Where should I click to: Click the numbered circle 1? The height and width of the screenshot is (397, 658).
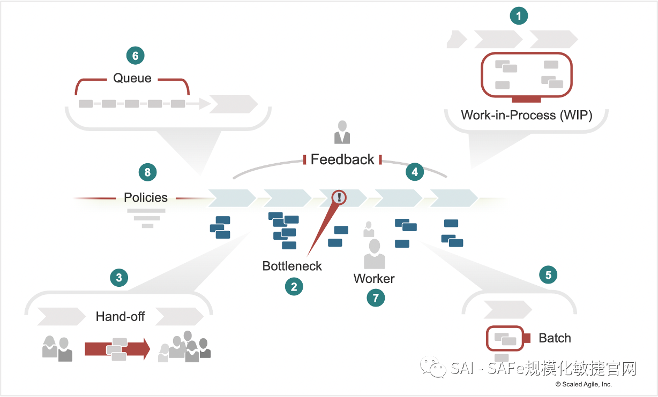(x=519, y=16)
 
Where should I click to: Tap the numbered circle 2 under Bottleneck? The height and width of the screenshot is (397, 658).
(x=294, y=287)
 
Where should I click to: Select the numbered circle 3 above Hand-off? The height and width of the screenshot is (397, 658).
(x=119, y=278)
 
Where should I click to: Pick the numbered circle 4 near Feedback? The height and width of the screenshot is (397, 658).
(x=415, y=172)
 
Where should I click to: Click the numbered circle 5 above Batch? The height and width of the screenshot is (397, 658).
(x=548, y=275)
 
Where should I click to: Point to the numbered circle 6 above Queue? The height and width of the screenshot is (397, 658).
(x=135, y=55)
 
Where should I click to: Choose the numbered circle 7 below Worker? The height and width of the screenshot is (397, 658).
(x=376, y=297)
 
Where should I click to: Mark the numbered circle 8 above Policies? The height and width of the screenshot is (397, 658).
(x=147, y=172)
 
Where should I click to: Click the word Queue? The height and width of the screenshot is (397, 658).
(x=132, y=78)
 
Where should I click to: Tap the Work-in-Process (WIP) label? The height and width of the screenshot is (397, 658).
(x=526, y=115)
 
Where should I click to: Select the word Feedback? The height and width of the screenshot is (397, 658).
(x=342, y=159)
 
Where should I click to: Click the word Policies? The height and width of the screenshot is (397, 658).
(x=146, y=197)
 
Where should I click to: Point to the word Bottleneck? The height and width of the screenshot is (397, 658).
(x=292, y=266)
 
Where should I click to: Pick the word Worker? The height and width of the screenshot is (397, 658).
(x=374, y=279)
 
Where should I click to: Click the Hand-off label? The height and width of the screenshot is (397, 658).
(x=120, y=316)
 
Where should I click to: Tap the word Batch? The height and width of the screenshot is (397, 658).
(x=555, y=338)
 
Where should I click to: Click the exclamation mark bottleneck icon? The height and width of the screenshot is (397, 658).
(x=339, y=197)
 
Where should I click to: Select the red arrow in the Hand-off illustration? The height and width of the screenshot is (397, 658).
(x=117, y=349)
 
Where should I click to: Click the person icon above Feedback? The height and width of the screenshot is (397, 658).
(x=342, y=133)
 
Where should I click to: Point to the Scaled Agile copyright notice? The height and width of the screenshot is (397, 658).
(x=584, y=384)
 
